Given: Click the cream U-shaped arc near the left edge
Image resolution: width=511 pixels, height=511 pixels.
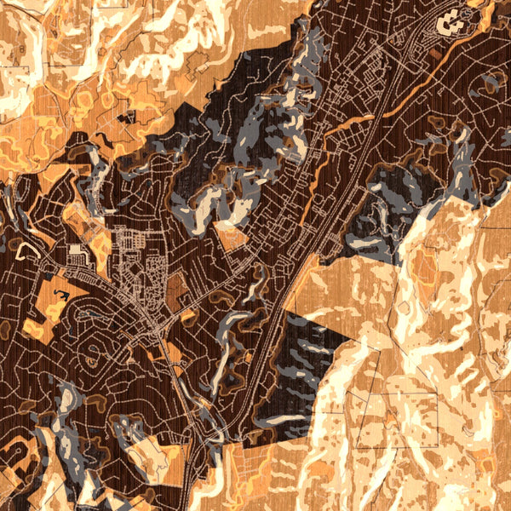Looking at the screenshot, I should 28,249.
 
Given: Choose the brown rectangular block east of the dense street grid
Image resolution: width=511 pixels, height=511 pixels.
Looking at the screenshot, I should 176,291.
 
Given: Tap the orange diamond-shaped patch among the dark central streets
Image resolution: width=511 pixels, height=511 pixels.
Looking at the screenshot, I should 230,234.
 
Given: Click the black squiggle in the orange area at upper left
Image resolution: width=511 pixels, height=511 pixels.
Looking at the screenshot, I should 102,136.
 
